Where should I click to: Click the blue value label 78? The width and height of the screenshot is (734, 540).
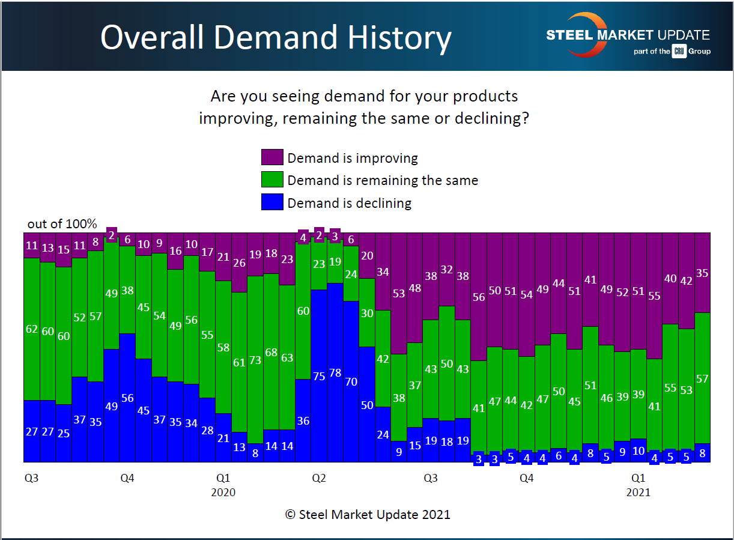click(335, 373)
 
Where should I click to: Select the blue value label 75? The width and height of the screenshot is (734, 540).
click(319, 377)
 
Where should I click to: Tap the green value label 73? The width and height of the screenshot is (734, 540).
click(255, 360)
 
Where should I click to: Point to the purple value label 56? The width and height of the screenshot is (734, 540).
click(479, 297)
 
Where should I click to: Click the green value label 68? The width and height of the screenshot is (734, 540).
click(271, 352)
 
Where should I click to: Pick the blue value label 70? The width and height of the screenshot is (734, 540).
click(351, 381)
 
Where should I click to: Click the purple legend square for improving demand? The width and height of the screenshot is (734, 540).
click(271, 158)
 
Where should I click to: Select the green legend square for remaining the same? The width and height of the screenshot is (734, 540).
click(271, 180)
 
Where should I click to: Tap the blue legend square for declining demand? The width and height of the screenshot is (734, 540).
click(271, 202)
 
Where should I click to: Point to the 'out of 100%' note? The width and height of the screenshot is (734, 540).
click(62, 224)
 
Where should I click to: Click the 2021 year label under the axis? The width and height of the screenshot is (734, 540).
click(638, 493)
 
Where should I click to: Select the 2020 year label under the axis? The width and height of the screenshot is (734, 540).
click(223, 493)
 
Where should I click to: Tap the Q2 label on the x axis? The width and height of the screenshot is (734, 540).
click(319, 478)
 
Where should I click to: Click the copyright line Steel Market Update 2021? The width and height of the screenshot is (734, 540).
click(367, 514)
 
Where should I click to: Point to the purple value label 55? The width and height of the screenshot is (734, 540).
click(655, 296)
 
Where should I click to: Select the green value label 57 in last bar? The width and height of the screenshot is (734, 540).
click(702, 378)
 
